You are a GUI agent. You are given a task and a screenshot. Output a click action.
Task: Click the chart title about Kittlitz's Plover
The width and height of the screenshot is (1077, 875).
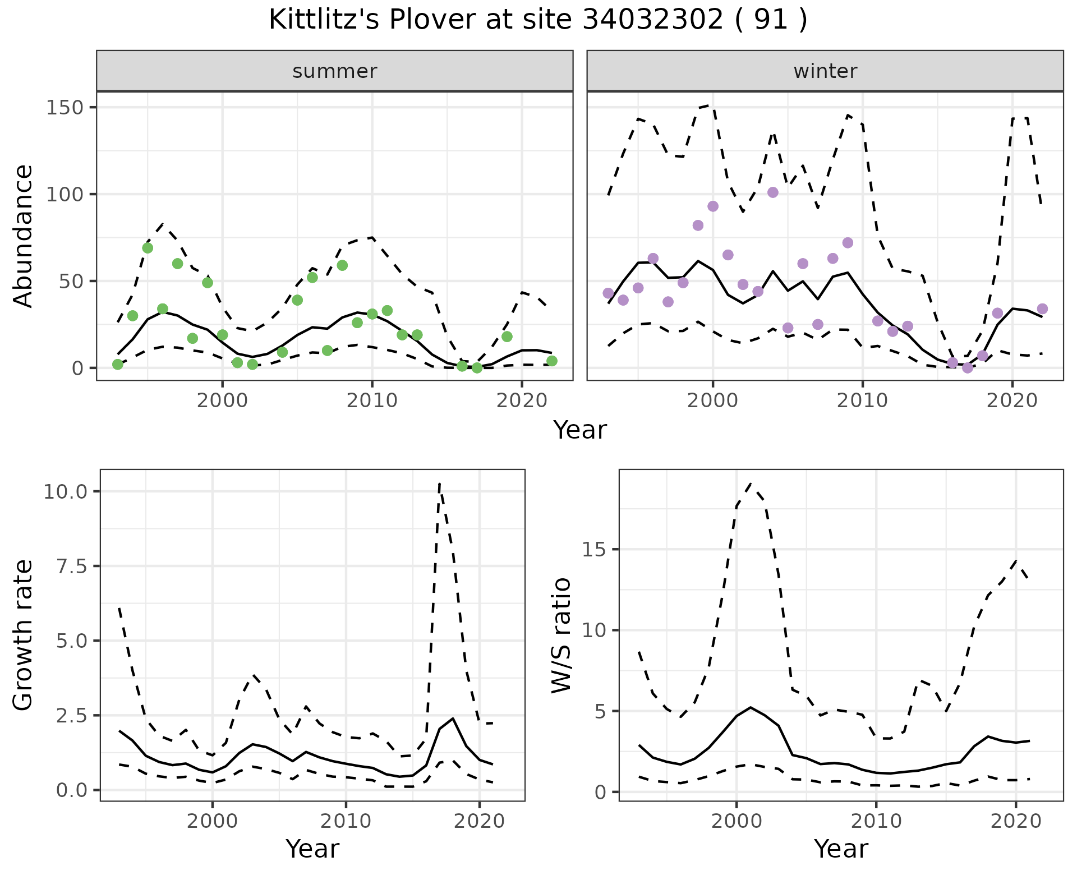tap(538, 20)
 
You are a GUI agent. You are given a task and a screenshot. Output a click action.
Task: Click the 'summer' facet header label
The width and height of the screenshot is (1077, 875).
tap(335, 71)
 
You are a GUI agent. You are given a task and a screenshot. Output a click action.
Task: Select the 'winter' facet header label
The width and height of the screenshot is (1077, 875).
tap(825, 71)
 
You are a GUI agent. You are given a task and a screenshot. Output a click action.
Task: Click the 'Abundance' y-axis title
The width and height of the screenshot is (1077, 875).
tap(24, 236)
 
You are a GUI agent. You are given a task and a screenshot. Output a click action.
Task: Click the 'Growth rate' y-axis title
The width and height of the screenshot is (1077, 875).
tap(24, 635)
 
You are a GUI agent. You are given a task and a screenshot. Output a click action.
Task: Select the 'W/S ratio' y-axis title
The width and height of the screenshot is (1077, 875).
tap(561, 635)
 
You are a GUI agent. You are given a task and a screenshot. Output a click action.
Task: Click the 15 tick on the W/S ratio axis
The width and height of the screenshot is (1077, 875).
tap(595, 550)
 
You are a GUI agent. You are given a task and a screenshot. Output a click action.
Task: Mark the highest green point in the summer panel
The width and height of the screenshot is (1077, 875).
tap(148, 248)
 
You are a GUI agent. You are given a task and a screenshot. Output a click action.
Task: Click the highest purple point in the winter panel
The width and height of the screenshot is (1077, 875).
tap(772, 192)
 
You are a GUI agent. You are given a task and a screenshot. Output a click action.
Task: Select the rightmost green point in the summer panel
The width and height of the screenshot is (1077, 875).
tap(551, 361)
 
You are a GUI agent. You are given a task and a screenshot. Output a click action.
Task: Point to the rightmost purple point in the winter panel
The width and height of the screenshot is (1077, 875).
tap(1042, 308)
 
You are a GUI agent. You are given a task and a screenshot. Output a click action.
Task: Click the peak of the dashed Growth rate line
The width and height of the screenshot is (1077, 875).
tap(439, 483)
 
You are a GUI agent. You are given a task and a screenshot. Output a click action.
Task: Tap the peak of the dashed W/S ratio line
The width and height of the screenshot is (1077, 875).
tap(751, 483)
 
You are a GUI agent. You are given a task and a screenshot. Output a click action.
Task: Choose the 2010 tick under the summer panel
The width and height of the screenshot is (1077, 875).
tap(371, 400)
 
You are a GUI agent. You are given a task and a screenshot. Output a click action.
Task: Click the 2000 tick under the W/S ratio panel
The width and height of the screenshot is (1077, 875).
tap(736, 822)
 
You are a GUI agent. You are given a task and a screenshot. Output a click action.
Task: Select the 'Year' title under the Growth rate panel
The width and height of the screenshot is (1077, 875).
tap(312, 849)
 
